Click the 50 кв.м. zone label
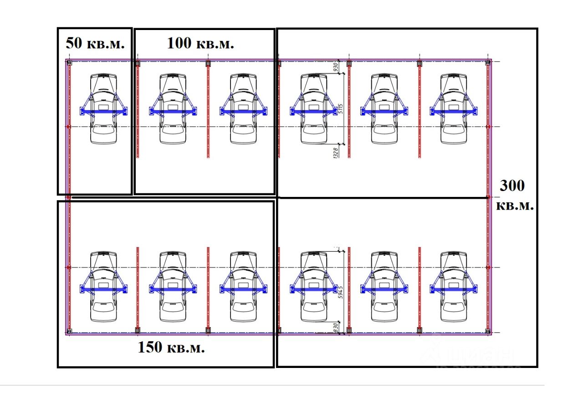pyautogui.click(x=95, y=44)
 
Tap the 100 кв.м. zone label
pyautogui.click(x=200, y=44)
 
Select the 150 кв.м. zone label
pyautogui.click(x=171, y=348)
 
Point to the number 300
pyautogui.click(x=512, y=186)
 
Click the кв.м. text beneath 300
pyautogui.click(x=514, y=205)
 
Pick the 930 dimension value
pyautogui.click(x=336, y=67)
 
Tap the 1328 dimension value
pyautogui.click(x=336, y=151)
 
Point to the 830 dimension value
pyautogui.click(x=336, y=327)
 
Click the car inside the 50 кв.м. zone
pyautogui.click(x=104, y=109)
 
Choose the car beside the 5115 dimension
pyautogui.click(x=314, y=109)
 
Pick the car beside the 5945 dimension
pyautogui.click(x=314, y=287)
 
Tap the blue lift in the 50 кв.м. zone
pyautogui.click(x=104, y=110)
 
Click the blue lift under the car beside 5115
pyautogui.click(x=314, y=110)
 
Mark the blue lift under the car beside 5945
pyautogui.click(x=314, y=287)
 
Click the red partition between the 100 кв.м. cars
pyautogui.click(x=208, y=109)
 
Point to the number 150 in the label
pyautogui.click(x=150, y=348)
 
